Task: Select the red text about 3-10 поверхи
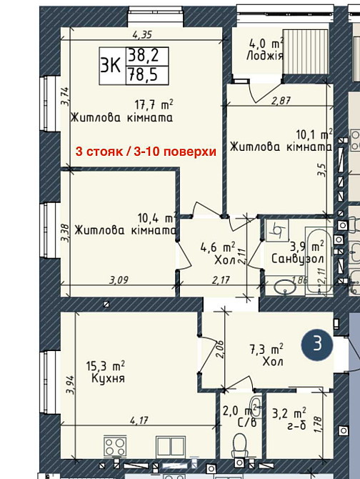click(x=146, y=152)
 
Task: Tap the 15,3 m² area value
click(x=104, y=365)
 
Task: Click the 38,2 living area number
click(x=141, y=54)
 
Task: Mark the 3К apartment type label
click(x=111, y=63)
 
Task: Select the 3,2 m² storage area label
click(x=289, y=413)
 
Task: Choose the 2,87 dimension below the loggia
click(x=282, y=101)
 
